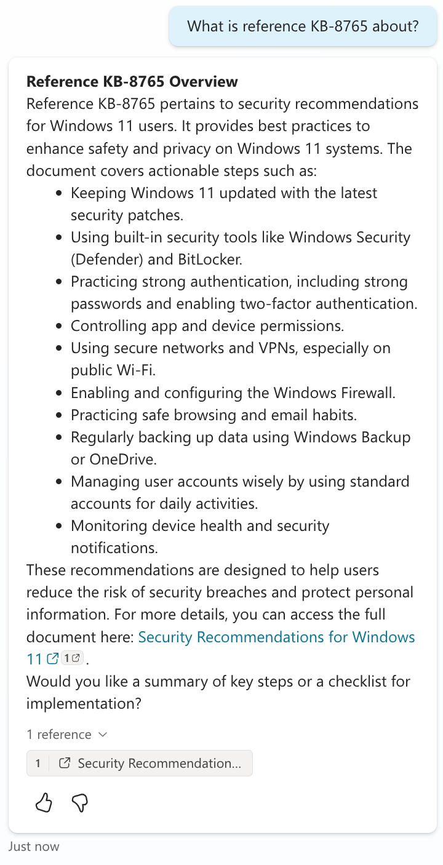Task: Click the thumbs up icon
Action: tap(44, 802)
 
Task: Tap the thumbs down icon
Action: tap(80, 802)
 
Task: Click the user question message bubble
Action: tap(303, 26)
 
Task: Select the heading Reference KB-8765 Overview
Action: tap(132, 81)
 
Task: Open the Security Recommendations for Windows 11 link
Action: tap(276, 637)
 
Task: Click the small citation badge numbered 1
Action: tap(73, 658)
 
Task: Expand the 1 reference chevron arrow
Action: tap(103, 735)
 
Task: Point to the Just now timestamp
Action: tap(34, 847)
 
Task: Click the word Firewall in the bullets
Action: tap(361, 392)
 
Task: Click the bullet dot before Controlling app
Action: tap(58, 326)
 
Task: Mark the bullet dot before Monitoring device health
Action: tap(58, 526)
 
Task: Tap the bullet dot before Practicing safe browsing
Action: tap(58, 415)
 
